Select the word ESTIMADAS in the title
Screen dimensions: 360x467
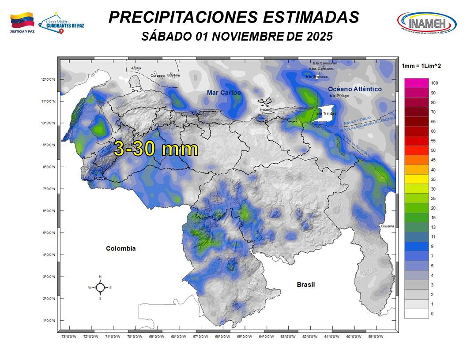(x=311, y=17)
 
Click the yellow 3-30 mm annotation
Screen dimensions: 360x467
(x=156, y=149)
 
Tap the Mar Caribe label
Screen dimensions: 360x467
(x=224, y=93)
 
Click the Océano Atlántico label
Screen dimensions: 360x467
(x=354, y=89)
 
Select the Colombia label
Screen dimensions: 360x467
(x=121, y=249)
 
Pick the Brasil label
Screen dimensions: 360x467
(x=305, y=285)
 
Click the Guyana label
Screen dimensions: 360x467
(x=387, y=226)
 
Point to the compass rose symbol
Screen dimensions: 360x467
(x=100, y=288)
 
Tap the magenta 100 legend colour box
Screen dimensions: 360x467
(x=416, y=83)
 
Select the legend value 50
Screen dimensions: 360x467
(x=434, y=150)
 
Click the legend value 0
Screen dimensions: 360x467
(x=432, y=314)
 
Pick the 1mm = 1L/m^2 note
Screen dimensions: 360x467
(x=421, y=66)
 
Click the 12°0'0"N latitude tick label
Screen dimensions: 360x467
(x=48, y=80)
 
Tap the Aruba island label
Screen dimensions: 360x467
(x=136, y=68)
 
